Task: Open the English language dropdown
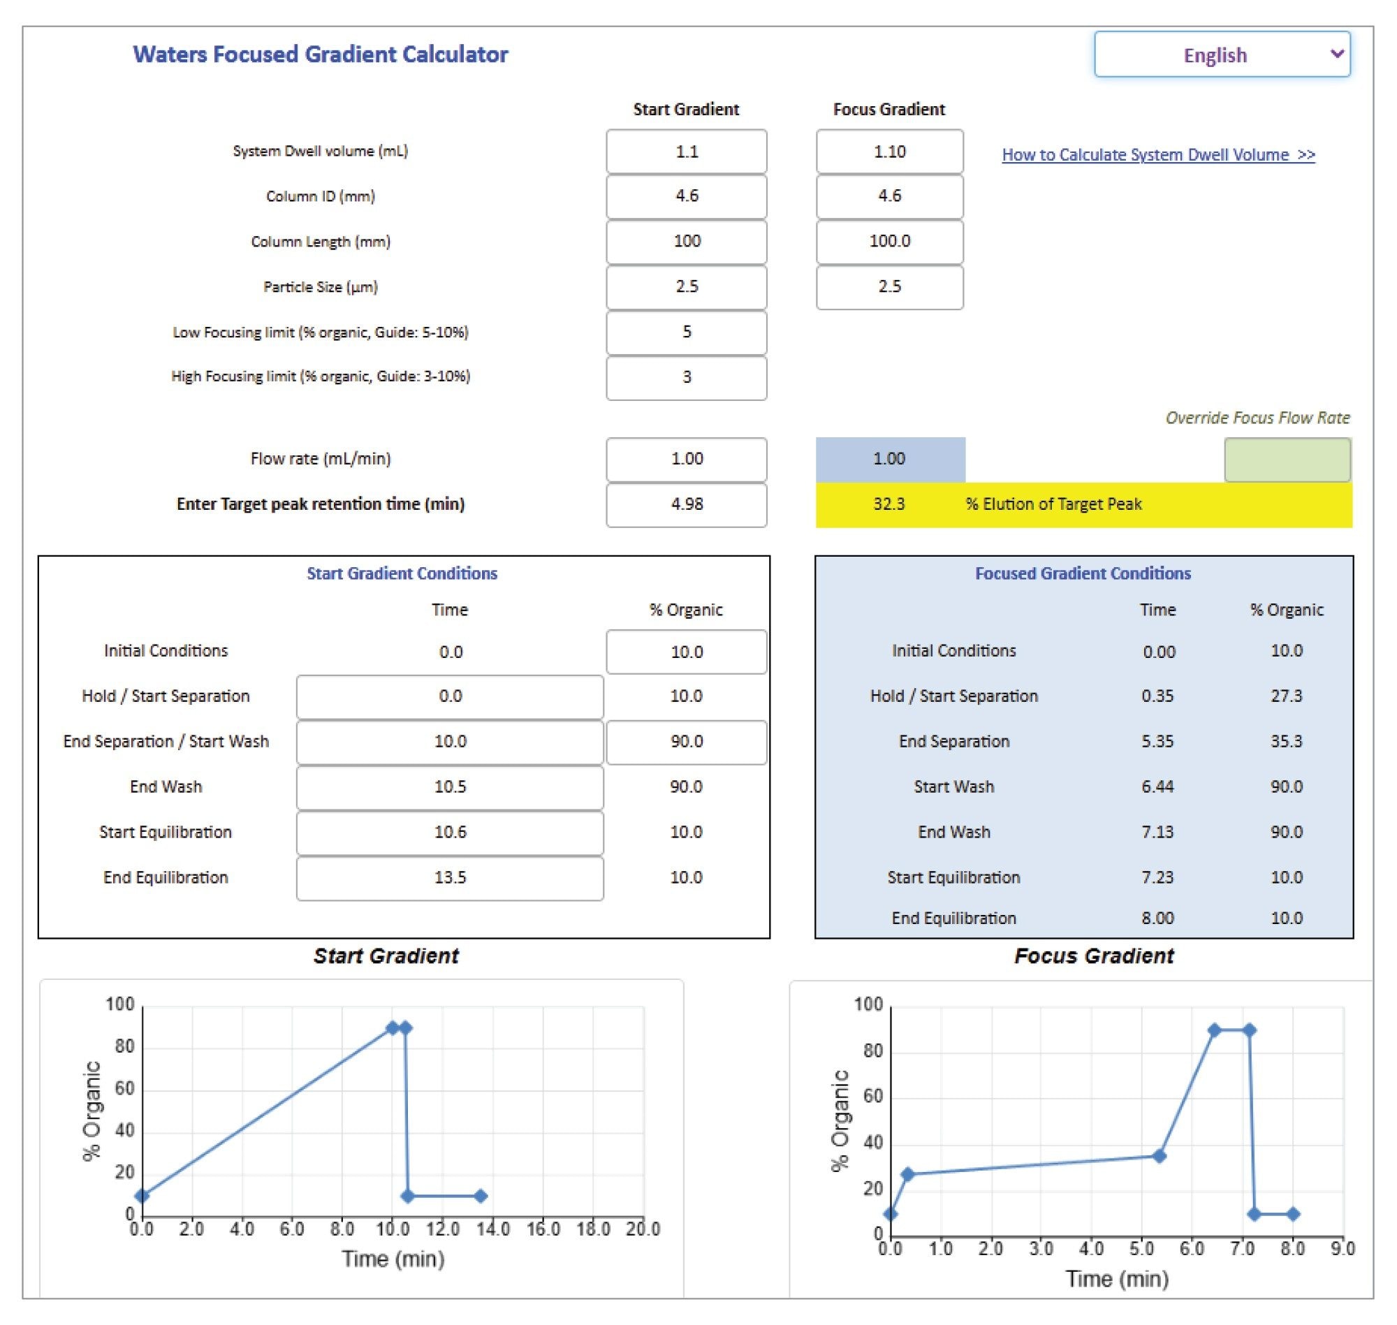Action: tap(1222, 54)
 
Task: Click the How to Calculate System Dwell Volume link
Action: tap(1157, 154)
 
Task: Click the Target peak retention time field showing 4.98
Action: tap(686, 504)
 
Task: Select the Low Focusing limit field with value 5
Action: tap(686, 332)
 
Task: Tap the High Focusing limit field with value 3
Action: tap(686, 377)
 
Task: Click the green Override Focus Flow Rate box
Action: tap(1287, 460)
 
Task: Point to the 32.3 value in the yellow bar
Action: tap(888, 504)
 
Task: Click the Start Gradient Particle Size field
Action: tap(686, 287)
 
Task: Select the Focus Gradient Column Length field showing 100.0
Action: tap(889, 242)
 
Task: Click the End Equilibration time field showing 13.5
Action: tap(450, 878)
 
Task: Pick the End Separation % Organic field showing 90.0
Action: tap(686, 742)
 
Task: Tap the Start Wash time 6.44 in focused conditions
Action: tap(1157, 786)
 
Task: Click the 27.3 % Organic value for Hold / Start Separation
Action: tap(1286, 696)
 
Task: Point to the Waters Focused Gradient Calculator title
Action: tap(321, 54)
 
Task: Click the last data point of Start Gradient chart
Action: tap(481, 1196)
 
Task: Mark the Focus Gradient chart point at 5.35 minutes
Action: tap(1159, 1156)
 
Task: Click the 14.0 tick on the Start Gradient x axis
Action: tap(492, 1229)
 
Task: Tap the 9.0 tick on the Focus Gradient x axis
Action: tap(1343, 1250)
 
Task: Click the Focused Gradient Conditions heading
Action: tap(1083, 573)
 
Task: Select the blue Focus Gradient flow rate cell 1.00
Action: tap(889, 459)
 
